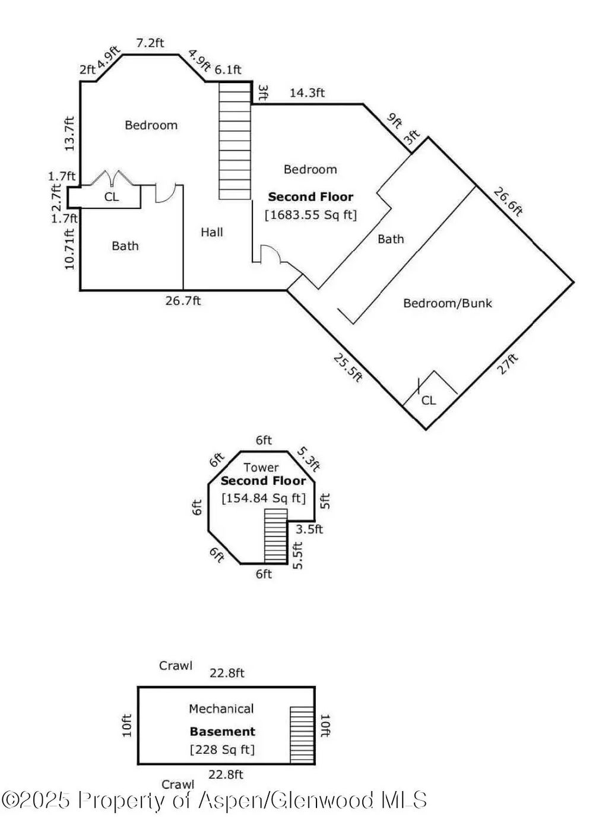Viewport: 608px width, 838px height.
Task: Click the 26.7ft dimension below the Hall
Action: pyautogui.click(x=183, y=301)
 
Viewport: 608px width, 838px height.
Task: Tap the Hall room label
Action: pyautogui.click(x=211, y=233)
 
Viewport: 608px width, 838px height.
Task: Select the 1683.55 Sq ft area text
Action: pyautogui.click(x=311, y=214)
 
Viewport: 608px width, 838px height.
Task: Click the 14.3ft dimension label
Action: pyautogui.click(x=307, y=93)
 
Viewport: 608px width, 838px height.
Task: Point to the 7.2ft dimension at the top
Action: pyautogui.click(x=150, y=43)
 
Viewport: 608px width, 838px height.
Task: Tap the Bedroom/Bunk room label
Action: pyautogui.click(x=447, y=303)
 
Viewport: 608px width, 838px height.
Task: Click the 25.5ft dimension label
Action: pyautogui.click(x=346, y=368)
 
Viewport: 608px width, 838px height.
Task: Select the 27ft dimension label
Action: pyautogui.click(x=508, y=364)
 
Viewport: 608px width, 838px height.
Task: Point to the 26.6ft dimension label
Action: pyautogui.click(x=508, y=202)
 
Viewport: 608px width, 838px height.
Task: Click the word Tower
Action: pyautogui.click(x=261, y=468)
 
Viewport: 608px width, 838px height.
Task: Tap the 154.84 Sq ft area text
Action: pyautogui.click(x=263, y=498)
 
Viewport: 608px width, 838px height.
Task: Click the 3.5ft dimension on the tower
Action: pyautogui.click(x=309, y=529)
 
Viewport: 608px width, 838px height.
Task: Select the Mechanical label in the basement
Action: pyautogui.click(x=221, y=709)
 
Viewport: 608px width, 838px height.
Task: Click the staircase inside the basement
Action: pyautogui.click(x=302, y=734)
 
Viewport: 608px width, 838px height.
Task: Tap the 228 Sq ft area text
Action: pyautogui.click(x=222, y=750)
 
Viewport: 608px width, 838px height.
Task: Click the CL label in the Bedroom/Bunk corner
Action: pyautogui.click(x=428, y=401)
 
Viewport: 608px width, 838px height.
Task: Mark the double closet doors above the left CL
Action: pyautogui.click(x=112, y=179)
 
